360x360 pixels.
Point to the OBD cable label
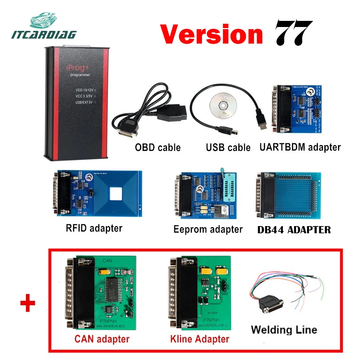(158, 147)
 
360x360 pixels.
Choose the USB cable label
(228, 147)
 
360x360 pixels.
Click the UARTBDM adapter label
(300, 147)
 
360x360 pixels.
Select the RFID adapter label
(94, 228)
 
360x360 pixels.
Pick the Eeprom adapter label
(208, 229)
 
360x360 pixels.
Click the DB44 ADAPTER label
(294, 230)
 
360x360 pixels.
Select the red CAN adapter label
(102, 339)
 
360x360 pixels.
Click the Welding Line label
(284, 329)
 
